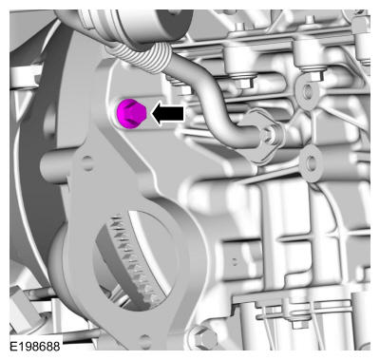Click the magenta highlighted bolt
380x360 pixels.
click(131, 113)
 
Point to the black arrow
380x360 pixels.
click(167, 113)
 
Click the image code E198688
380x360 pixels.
click(35, 346)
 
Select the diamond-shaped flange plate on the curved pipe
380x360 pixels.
click(263, 137)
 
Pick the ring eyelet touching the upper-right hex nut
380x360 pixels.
click(308, 92)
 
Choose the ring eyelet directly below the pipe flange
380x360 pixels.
click(311, 163)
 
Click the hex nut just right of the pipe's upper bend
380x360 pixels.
click(244, 82)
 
